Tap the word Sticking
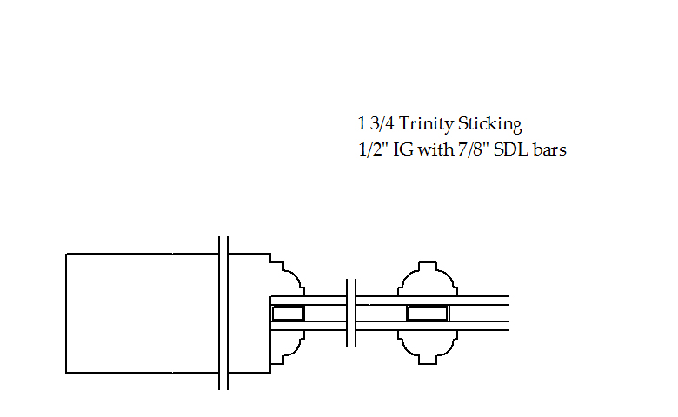click(x=490, y=124)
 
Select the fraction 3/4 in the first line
click(x=382, y=123)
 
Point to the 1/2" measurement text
click(x=374, y=149)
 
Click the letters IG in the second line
click(x=403, y=149)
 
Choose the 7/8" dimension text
click(x=474, y=149)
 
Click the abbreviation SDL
click(x=510, y=149)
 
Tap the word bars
click(x=549, y=149)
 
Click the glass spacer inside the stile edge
click(x=288, y=314)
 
